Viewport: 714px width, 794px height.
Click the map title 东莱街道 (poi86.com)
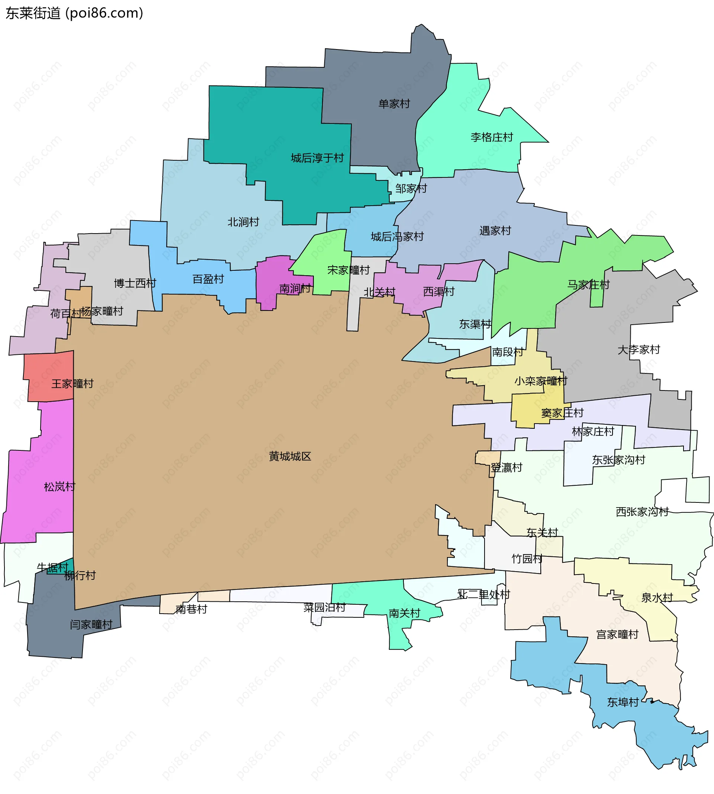click(74, 13)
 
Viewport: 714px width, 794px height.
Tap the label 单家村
click(394, 104)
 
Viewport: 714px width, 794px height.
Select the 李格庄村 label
click(492, 137)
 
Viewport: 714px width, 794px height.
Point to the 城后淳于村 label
click(317, 158)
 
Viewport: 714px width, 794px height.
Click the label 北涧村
click(243, 222)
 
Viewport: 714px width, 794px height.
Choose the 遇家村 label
click(495, 231)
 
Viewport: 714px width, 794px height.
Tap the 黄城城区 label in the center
click(290, 456)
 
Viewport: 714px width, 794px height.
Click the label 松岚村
click(59, 487)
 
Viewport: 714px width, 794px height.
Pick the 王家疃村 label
click(73, 384)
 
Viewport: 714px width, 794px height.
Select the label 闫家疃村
click(91, 624)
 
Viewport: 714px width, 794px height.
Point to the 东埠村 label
click(623, 702)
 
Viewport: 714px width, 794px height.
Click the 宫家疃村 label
click(617, 634)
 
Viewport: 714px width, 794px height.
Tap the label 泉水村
click(657, 598)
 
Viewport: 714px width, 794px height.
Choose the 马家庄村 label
click(588, 285)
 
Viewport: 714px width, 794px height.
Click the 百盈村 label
click(208, 279)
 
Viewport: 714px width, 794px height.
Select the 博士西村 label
click(135, 283)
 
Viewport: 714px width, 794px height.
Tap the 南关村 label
click(405, 613)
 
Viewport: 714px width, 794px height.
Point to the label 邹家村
click(411, 189)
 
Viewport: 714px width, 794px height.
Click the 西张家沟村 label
click(642, 512)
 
